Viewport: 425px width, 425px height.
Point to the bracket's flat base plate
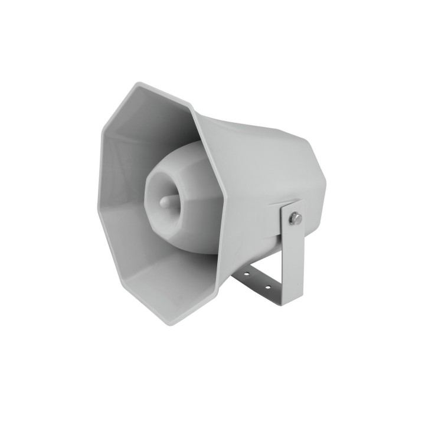click(260, 282)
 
